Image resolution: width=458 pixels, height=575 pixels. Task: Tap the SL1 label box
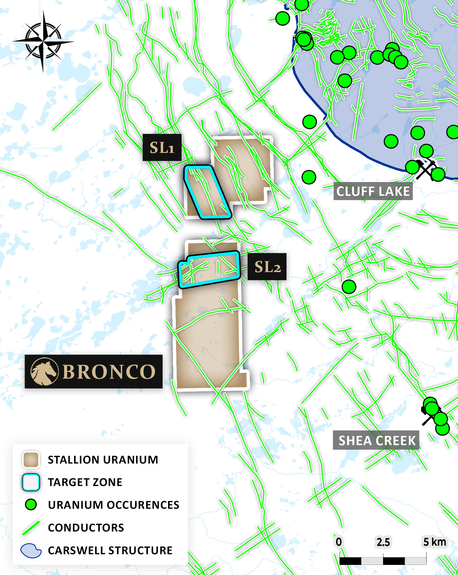[162, 147]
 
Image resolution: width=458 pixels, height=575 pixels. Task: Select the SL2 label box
[267, 267]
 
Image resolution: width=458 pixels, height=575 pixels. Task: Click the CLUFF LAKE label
[373, 191]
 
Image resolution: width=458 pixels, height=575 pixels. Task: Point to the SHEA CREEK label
[376, 441]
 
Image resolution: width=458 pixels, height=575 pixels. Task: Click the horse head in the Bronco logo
[44, 371]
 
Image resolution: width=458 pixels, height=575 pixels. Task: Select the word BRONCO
[109, 372]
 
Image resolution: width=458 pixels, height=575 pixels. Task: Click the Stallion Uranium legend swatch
[31, 460]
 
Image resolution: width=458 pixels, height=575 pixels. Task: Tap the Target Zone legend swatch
[31, 482]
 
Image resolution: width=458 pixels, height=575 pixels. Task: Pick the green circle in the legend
[31, 504]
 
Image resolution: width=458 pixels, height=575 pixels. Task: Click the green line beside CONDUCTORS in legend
[31, 527]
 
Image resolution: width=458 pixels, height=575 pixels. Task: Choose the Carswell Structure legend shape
[31, 550]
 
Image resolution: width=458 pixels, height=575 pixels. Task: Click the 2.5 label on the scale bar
[383, 542]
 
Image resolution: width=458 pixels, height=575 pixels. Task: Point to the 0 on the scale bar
[339, 542]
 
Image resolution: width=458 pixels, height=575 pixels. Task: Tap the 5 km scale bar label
[434, 542]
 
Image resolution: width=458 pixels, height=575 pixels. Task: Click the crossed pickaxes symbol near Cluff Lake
[425, 170]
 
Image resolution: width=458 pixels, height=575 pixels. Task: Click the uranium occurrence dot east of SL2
[349, 286]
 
